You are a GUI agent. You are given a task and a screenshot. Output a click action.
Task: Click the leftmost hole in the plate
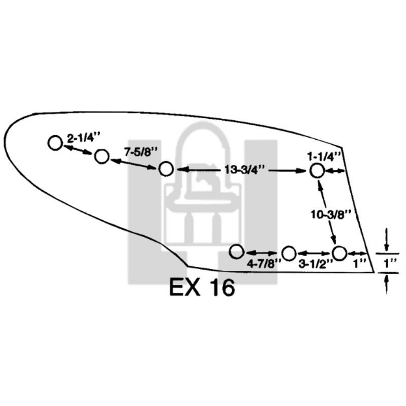(x=55, y=143)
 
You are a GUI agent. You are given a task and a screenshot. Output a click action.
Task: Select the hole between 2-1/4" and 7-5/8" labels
(x=101, y=157)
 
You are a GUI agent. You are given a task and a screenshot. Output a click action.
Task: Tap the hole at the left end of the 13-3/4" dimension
(x=166, y=170)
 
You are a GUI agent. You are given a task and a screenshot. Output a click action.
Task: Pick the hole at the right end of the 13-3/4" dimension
(x=316, y=171)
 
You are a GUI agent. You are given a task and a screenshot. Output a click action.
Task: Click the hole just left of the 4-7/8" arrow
(x=236, y=251)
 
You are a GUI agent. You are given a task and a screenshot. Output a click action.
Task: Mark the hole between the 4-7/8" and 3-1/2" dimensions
(x=289, y=253)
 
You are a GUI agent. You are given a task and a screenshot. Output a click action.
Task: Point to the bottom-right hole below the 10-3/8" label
(x=339, y=253)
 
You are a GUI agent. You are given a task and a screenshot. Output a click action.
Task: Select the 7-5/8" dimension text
(x=138, y=151)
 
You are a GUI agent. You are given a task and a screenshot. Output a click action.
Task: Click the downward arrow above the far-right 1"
(x=387, y=241)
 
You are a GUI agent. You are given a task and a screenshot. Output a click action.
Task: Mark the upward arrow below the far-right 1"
(x=387, y=285)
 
